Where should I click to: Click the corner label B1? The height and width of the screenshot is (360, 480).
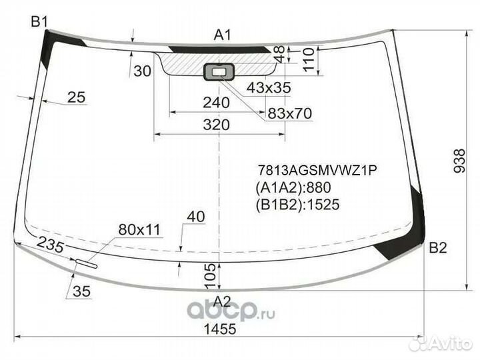click(x=39, y=22)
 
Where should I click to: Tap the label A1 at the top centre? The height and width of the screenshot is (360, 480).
click(x=223, y=35)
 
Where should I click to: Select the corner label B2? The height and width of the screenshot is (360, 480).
click(x=438, y=247)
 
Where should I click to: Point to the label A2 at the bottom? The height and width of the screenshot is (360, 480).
click(x=222, y=301)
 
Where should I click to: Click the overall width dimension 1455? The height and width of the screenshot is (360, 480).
click(x=220, y=329)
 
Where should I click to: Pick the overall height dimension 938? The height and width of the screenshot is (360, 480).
click(x=459, y=161)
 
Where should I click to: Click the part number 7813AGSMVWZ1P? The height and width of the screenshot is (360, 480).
click(x=317, y=170)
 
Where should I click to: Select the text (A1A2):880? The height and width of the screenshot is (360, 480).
click(x=293, y=187)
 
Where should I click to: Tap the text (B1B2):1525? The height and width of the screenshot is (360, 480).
click(x=297, y=205)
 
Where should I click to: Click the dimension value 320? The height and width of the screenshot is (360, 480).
click(x=217, y=125)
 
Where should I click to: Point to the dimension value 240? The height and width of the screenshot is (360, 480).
click(x=216, y=103)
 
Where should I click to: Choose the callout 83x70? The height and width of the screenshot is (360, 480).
click(x=289, y=113)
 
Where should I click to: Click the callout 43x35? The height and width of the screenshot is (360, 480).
click(x=269, y=87)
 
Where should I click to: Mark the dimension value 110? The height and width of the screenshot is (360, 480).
click(x=309, y=59)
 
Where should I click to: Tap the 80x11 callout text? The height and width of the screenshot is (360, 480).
click(x=139, y=229)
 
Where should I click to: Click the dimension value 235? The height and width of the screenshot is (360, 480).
click(x=51, y=244)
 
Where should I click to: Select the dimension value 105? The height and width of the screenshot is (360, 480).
click(x=211, y=276)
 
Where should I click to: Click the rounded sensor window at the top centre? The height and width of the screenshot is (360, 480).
click(x=219, y=72)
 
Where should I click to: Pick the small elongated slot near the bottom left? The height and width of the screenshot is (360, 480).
click(x=87, y=263)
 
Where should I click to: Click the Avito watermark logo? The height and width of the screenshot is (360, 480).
click(x=441, y=343)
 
